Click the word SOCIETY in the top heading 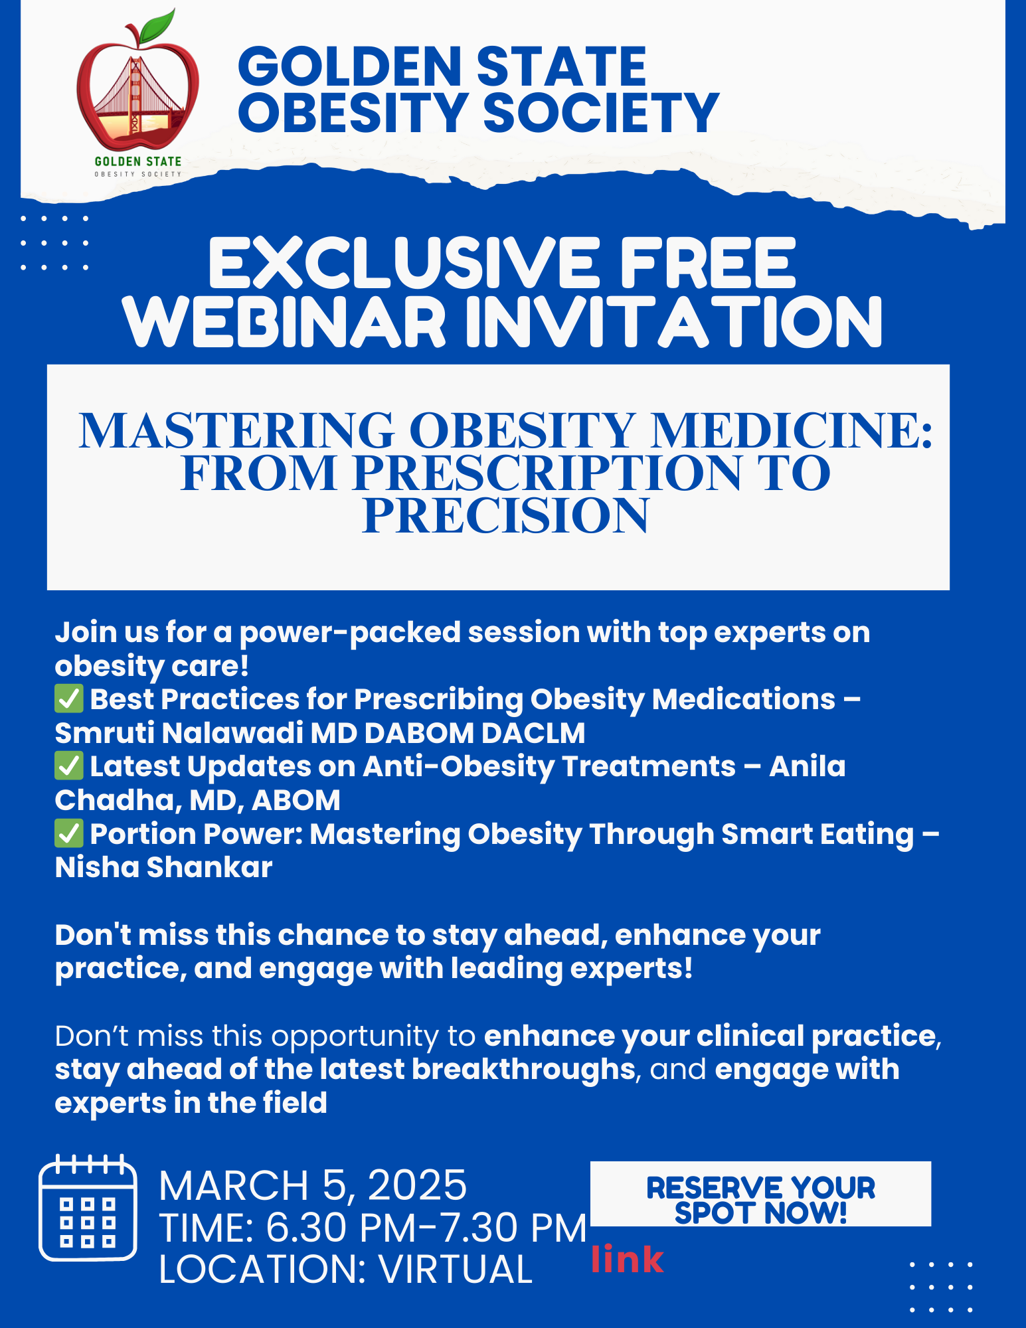601,112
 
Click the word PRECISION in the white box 505,516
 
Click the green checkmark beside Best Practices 69,699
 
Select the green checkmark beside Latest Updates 69,766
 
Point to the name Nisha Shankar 164,867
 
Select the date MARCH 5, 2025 313,1186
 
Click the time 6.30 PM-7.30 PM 426,1228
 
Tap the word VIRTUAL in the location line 456,1270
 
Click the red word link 628,1259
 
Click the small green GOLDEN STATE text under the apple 138,161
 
